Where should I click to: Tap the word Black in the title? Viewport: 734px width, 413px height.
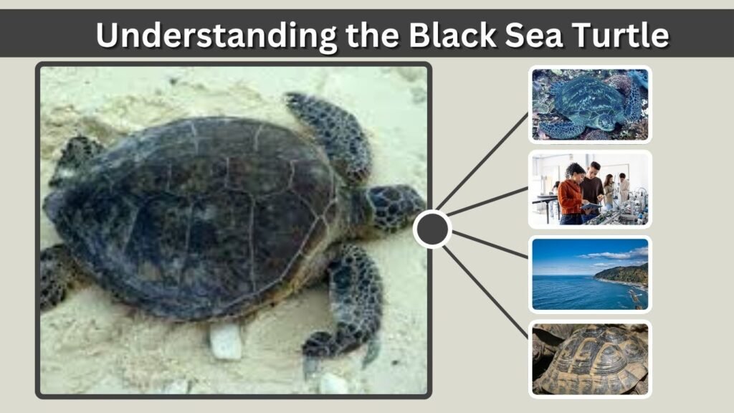point(452,34)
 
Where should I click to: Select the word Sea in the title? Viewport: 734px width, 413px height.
point(533,34)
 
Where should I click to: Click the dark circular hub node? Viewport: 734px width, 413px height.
point(432,229)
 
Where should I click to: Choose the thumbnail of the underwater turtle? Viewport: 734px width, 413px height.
point(591,105)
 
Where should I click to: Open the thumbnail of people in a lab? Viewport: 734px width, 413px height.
point(591,189)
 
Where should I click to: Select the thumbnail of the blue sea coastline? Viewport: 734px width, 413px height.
point(591,274)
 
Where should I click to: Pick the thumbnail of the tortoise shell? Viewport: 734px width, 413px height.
point(591,359)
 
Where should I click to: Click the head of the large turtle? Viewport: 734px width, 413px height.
point(394,207)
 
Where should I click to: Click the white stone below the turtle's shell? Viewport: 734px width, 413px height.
point(226,341)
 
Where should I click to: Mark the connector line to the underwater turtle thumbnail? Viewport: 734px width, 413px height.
point(482,161)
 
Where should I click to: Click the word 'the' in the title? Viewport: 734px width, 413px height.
point(373,34)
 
